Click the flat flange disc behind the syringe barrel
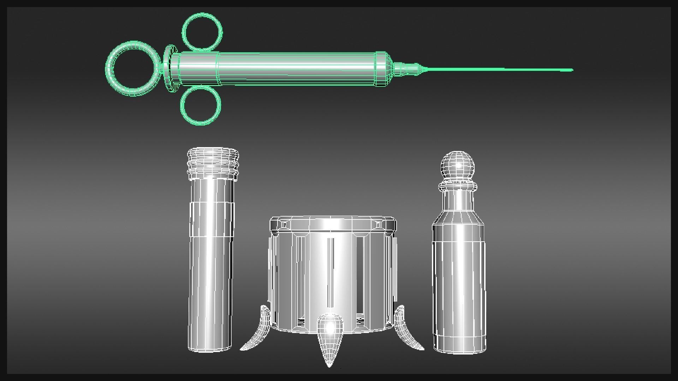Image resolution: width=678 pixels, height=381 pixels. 170,69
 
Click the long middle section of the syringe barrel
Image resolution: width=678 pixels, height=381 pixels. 297,69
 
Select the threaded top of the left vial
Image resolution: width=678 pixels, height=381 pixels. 213,162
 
